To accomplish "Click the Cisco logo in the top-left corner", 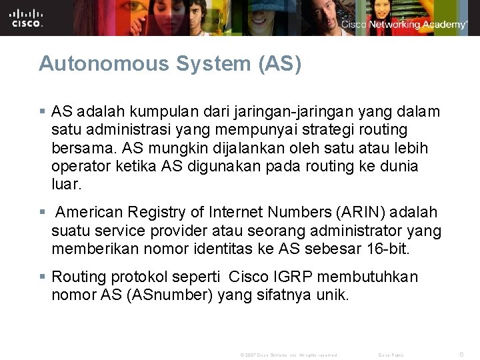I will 27,17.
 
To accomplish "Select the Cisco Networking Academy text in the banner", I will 404,25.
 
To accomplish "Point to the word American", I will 89,213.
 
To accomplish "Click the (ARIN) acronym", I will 358,213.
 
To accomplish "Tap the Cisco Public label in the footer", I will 391,355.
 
